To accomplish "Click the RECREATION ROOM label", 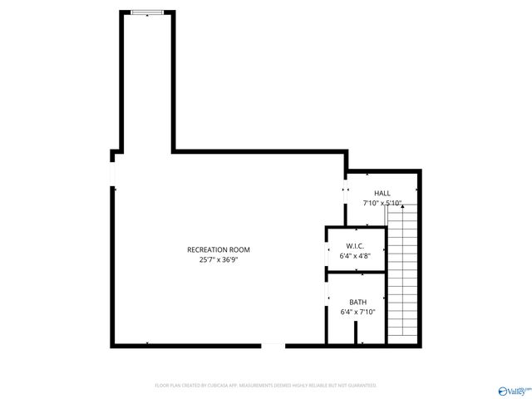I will click(x=218, y=249).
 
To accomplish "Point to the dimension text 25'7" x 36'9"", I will click(x=218, y=260).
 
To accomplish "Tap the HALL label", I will click(x=382, y=193).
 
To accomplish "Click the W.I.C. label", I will click(x=355, y=246).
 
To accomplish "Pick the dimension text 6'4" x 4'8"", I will click(x=355, y=256).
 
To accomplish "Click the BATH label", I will click(x=357, y=302).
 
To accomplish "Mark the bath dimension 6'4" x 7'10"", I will click(x=357, y=312).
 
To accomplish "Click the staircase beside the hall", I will click(x=401, y=274).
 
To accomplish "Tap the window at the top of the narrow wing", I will click(x=147, y=12).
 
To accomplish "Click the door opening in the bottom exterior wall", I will click(x=273, y=345).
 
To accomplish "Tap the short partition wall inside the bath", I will click(x=356, y=333).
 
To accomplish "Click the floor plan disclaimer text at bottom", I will click(x=266, y=386).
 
